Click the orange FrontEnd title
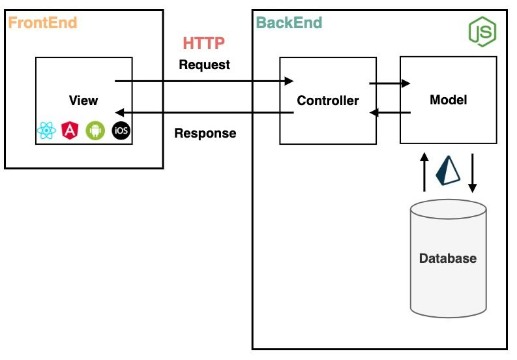(42, 23)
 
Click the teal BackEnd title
(289, 23)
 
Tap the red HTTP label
(204, 44)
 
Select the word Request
(204, 65)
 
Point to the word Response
(205, 134)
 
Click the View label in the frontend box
(83, 100)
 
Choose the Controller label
(327, 100)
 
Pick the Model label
(449, 100)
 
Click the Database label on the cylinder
(447, 258)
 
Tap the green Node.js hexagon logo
(482, 31)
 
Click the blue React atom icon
(47, 131)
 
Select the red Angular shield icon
(70, 131)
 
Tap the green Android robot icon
(95, 131)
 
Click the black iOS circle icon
(121, 131)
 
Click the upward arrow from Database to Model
(424, 173)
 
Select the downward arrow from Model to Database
(473, 173)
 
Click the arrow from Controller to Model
(389, 83)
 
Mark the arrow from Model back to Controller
(390, 113)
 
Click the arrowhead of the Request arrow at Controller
(289, 82)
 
